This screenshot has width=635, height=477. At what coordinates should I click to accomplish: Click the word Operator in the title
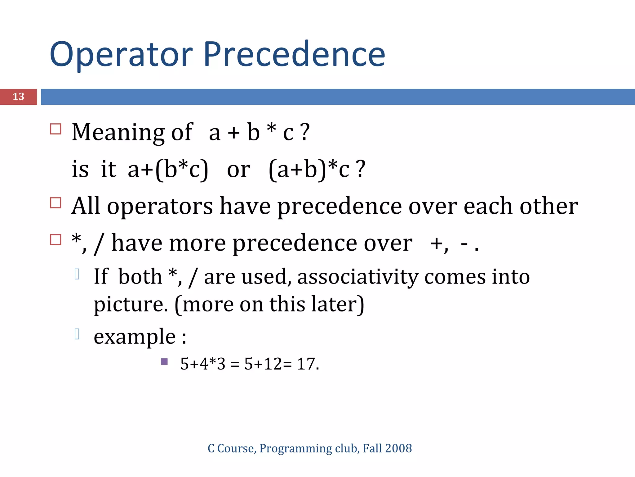121,55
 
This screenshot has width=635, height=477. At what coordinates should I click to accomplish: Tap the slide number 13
18,97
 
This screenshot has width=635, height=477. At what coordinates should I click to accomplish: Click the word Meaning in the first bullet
118,132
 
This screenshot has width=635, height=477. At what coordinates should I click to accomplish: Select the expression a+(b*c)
168,170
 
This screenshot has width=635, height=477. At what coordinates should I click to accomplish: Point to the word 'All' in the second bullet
86,206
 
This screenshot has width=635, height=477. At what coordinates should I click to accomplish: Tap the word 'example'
135,337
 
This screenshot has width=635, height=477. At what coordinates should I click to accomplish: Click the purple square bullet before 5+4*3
164,362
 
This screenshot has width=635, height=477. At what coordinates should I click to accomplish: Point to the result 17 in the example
306,364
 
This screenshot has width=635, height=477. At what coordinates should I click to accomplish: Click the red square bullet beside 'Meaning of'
56,129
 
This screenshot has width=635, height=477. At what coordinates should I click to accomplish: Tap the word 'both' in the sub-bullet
140,276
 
